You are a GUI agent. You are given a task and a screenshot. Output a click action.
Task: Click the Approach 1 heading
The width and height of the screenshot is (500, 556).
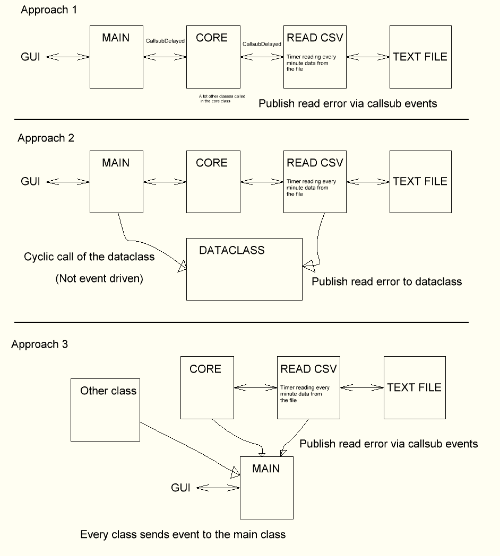tap(49, 11)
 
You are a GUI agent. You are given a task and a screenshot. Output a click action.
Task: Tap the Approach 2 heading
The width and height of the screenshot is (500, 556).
tap(46, 138)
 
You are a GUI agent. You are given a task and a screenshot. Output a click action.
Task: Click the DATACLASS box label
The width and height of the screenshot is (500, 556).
tap(231, 250)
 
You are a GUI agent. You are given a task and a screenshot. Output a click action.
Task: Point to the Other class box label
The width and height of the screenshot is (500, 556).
tap(108, 391)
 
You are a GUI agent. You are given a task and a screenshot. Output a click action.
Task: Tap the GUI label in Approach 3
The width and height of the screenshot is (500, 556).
tap(180, 487)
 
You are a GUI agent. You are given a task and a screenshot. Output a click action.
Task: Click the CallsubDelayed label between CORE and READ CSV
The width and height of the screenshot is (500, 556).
tap(262, 45)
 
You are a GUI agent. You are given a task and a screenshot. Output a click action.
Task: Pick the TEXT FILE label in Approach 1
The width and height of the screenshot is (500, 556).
tap(420, 57)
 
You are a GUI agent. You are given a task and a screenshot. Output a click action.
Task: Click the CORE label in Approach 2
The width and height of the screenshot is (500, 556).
tap(212, 163)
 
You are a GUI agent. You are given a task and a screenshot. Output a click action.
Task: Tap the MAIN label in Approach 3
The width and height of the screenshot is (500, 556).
tap(265, 469)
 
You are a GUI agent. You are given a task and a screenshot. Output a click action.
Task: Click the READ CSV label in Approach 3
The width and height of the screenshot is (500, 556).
tap(308, 369)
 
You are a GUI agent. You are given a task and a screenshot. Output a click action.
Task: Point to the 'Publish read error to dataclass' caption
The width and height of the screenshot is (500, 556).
tap(386, 281)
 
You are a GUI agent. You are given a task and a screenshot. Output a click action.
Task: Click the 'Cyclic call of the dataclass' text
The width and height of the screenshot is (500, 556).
tap(89, 257)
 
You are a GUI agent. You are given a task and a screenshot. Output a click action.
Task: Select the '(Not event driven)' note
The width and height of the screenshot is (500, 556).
tap(99, 278)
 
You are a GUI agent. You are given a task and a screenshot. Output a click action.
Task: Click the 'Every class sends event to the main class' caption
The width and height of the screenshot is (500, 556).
tap(183, 534)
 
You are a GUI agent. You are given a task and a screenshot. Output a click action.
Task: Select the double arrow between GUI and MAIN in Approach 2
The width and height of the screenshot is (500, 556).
tap(67, 181)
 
